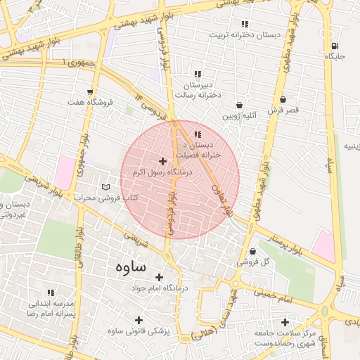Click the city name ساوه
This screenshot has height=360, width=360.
[x=128, y=267]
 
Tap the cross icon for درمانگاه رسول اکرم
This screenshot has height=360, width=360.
[x=163, y=162]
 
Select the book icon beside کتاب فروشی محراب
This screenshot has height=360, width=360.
[x=105, y=187]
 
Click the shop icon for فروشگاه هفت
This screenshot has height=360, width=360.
[x=90, y=91]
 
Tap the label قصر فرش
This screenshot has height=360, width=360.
[x=283, y=110]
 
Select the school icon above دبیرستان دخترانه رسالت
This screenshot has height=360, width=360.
[x=198, y=74]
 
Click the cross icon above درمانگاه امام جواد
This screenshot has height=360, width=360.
[x=159, y=277]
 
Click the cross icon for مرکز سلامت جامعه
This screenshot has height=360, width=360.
[x=285, y=322]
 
